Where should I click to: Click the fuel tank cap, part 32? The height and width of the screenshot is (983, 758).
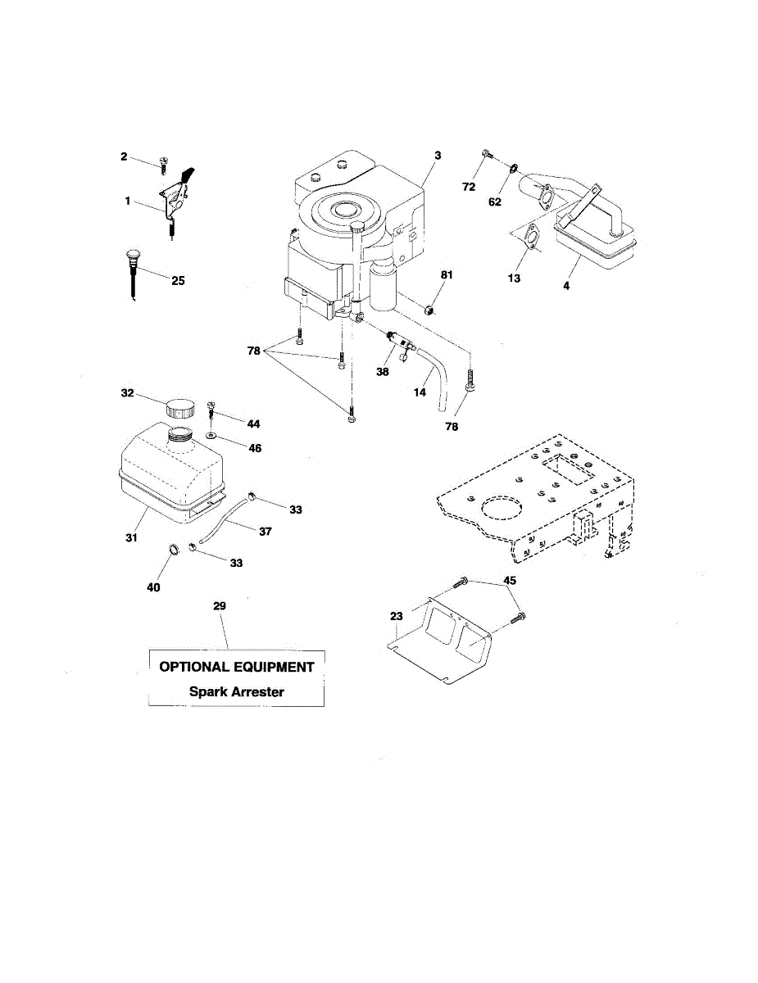pyautogui.click(x=181, y=407)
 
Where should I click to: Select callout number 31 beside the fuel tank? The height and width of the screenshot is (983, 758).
pyautogui.click(x=131, y=538)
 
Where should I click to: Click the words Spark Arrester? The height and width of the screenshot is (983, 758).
pyautogui.click(x=237, y=691)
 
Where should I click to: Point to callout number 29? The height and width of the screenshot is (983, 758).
pyautogui.click(x=219, y=606)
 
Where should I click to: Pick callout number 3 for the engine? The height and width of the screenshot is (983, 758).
pyautogui.click(x=438, y=155)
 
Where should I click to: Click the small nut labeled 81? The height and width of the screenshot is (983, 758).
pyautogui.click(x=429, y=310)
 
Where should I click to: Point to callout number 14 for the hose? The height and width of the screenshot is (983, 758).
pyautogui.click(x=420, y=392)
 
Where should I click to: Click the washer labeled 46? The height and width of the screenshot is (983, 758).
pyautogui.click(x=211, y=436)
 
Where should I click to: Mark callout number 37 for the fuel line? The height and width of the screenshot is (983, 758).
pyautogui.click(x=265, y=532)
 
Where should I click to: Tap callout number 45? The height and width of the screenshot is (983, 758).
pyautogui.click(x=510, y=581)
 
